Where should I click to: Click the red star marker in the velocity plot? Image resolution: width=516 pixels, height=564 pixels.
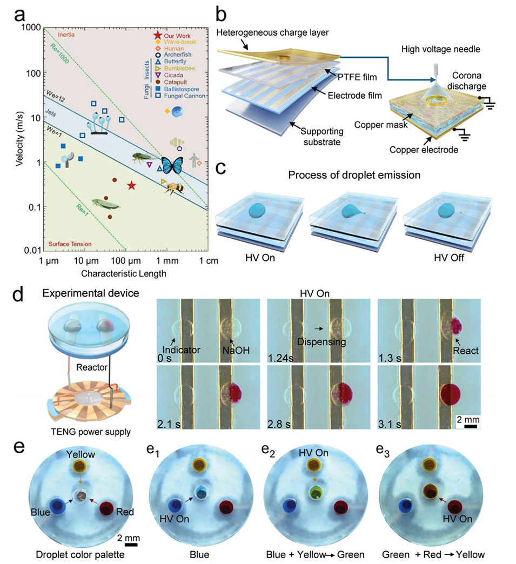click(x=132, y=185)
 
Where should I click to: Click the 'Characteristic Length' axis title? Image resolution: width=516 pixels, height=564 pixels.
click(x=124, y=273)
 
